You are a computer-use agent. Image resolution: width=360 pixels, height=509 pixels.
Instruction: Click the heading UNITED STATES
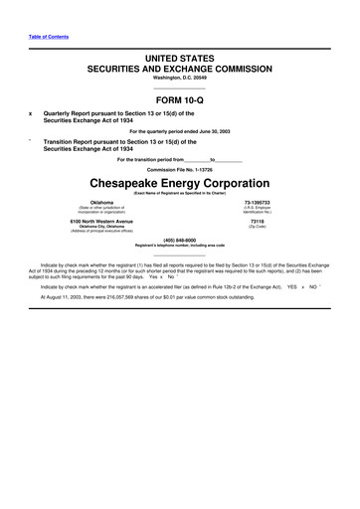pos(179,62)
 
